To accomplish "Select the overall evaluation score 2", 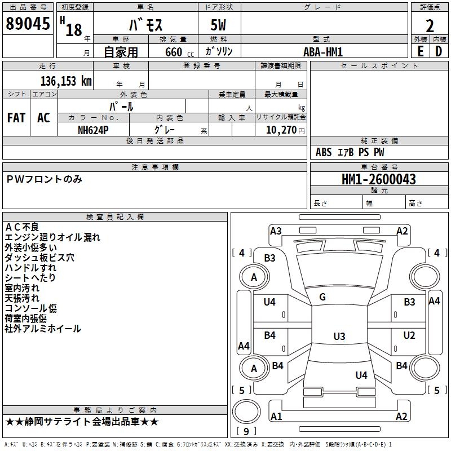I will click(430, 26).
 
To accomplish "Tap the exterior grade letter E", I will click(420, 51).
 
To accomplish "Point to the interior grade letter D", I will click(439, 51).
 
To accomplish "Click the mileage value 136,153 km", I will click(66, 81).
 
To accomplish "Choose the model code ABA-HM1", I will click(322, 51).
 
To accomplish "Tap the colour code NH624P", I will click(93, 129).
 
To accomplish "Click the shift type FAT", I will click(16, 118).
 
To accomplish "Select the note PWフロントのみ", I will click(45, 179).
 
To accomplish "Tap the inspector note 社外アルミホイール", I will click(43, 329).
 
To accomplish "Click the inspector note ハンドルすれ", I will click(30, 268).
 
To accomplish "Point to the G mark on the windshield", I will click(322, 297).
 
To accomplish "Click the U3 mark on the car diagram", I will click(339, 337).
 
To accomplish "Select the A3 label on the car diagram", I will click(276, 231).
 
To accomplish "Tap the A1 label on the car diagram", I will click(276, 417).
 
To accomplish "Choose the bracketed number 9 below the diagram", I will click(245, 431).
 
